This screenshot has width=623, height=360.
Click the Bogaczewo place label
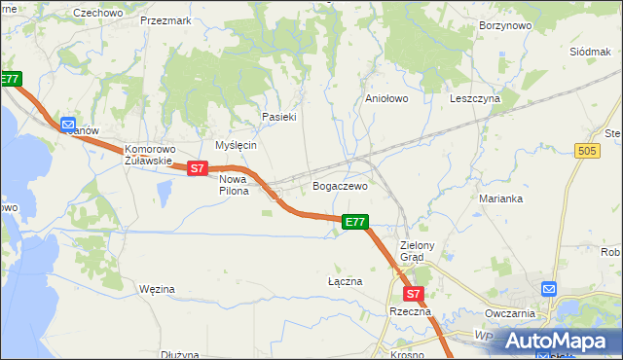tap(340, 185)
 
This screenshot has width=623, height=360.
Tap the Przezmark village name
tap(165, 19)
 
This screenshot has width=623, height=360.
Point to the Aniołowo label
tap(385, 98)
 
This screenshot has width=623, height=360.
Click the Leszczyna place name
tap(475, 98)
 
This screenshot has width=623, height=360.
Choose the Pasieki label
tap(278, 117)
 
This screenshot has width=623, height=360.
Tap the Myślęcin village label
tap(236, 144)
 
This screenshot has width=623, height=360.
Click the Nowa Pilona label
tap(234, 185)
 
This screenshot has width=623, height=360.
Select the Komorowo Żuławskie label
tap(149, 156)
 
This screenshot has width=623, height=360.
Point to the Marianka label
tap(501, 198)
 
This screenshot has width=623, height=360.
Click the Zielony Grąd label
tap(421, 251)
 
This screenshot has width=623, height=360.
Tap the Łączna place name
tap(345, 281)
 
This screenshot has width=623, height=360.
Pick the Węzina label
tap(157, 289)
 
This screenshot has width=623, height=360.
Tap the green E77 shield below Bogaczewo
tap(355, 223)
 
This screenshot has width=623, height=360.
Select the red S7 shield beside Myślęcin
tap(198, 168)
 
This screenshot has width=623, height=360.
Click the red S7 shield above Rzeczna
tap(413, 293)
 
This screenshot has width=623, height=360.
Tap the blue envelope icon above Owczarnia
tap(549, 289)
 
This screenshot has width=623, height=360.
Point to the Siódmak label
tap(590, 50)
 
